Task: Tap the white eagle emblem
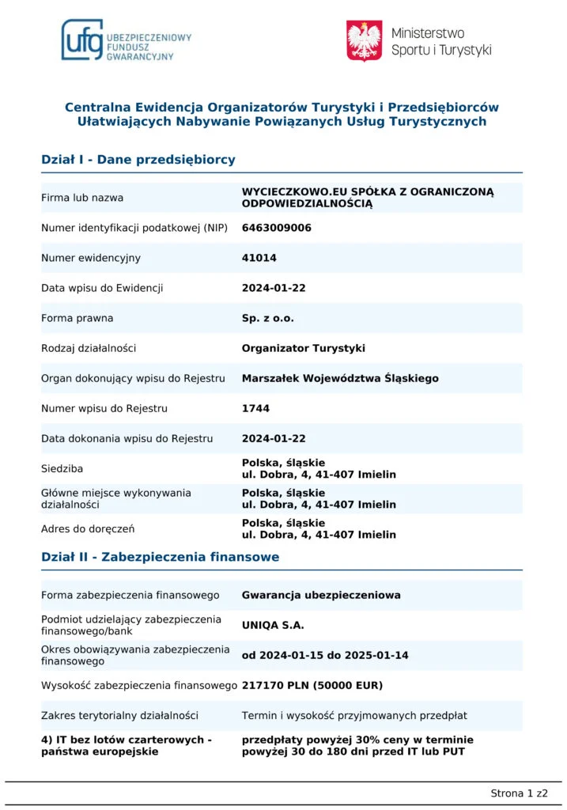point(365,41)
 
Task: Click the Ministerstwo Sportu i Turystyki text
point(440,41)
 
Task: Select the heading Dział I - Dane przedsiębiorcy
point(138,160)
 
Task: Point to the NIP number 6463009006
point(277,228)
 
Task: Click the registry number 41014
point(259,258)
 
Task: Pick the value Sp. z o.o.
point(267,318)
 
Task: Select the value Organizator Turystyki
point(304,348)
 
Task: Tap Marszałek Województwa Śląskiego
point(340,378)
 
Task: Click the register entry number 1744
point(255,409)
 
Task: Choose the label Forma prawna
point(77,318)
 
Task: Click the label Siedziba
point(62,468)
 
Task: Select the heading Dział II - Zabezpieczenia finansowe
point(160,557)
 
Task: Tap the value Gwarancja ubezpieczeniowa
point(321,595)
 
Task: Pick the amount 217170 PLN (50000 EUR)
point(312,685)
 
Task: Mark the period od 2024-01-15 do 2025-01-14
point(325,655)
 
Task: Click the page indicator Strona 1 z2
point(519,793)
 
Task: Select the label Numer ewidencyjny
point(90,258)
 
